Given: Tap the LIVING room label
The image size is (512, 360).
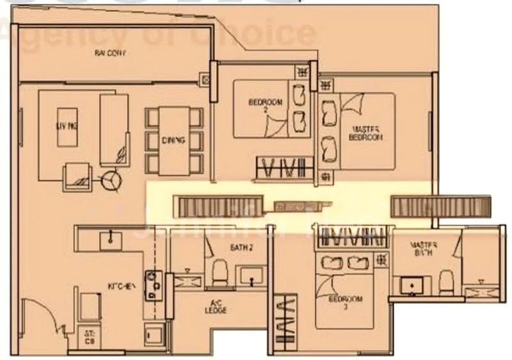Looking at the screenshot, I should (67, 127).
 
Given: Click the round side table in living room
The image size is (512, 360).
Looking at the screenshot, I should (113, 180).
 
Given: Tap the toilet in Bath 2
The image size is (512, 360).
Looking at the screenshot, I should (219, 273).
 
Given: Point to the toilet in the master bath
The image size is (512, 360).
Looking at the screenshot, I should (447, 279).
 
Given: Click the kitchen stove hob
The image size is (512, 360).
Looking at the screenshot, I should (154, 285).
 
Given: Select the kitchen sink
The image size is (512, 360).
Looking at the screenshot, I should (111, 239).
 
